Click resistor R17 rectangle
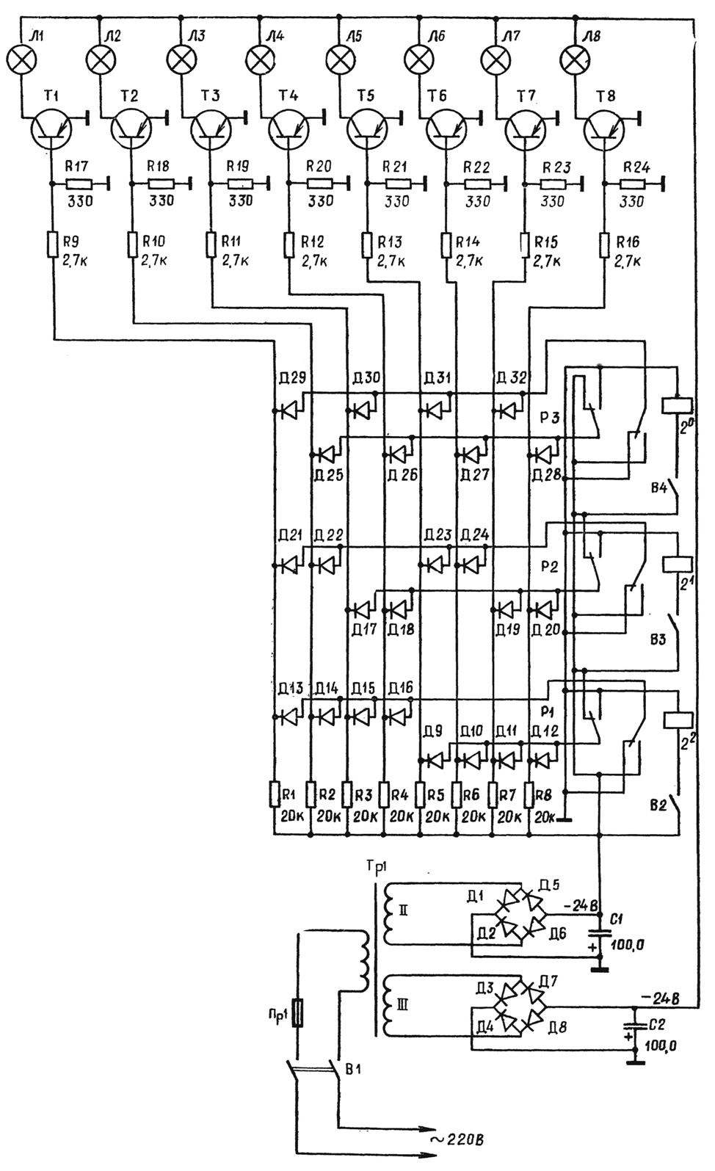(x=79, y=184)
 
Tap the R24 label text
(x=636, y=167)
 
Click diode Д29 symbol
(x=288, y=411)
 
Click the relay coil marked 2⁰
(x=678, y=405)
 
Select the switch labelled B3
(x=678, y=634)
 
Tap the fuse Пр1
(x=297, y=1012)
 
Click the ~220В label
(x=457, y=1150)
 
